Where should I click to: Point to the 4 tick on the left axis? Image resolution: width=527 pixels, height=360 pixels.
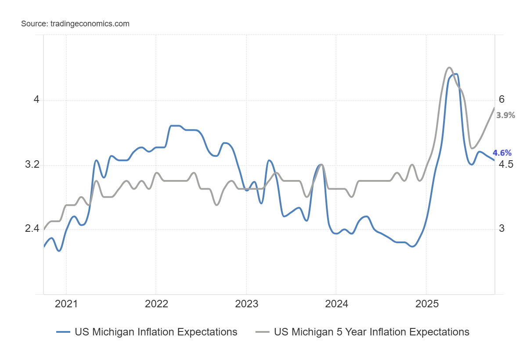pyautogui.click(x=36, y=100)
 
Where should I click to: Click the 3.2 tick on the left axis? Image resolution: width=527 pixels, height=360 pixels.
pyautogui.click(x=32, y=164)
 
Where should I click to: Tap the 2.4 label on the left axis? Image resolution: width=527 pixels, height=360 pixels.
pyautogui.click(x=32, y=228)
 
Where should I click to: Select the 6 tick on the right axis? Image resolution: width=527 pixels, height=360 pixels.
pyautogui.click(x=502, y=100)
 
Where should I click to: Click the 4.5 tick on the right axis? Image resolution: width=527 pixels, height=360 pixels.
pyautogui.click(x=506, y=164)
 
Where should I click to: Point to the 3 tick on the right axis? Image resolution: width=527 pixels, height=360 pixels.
pyautogui.click(x=502, y=228)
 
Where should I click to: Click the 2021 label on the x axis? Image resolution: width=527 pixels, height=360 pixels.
pyautogui.click(x=66, y=304)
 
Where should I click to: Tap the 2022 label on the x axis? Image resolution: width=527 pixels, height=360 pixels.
pyautogui.click(x=156, y=304)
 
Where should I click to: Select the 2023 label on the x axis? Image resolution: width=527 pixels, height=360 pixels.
pyautogui.click(x=246, y=304)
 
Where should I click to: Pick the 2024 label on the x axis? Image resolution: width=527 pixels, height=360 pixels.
pyautogui.click(x=336, y=304)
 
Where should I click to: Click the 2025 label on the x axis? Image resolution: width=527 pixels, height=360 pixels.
pyautogui.click(x=427, y=304)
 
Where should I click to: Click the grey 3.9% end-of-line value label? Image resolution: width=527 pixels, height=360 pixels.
pyautogui.click(x=505, y=115)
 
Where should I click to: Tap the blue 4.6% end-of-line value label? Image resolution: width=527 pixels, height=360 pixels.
pyautogui.click(x=502, y=153)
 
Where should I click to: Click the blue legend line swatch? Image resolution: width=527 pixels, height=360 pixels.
pyautogui.click(x=63, y=332)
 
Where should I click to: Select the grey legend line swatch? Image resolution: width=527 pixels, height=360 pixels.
pyautogui.click(x=263, y=332)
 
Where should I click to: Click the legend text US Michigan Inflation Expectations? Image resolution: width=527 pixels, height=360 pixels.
pyautogui.click(x=156, y=332)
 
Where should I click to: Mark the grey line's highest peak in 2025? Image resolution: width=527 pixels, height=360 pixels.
pyautogui.click(x=449, y=68)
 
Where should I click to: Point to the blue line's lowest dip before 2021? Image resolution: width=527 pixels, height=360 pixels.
pyautogui.click(x=59, y=251)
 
